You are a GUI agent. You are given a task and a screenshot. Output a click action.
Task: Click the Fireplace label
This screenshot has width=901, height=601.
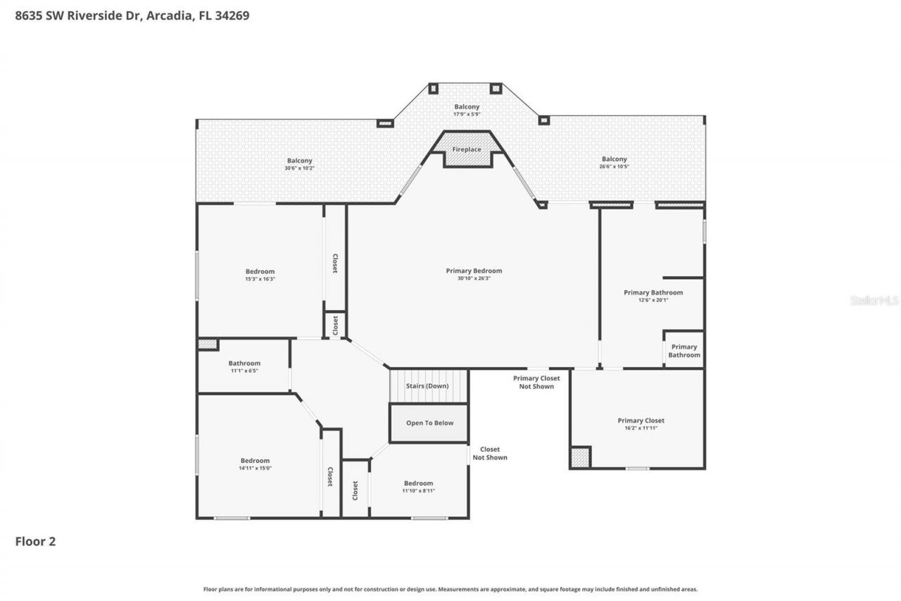467,149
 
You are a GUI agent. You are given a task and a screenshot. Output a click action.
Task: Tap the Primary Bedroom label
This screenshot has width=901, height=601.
474,271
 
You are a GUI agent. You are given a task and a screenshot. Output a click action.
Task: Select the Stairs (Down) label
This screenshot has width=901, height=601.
427,385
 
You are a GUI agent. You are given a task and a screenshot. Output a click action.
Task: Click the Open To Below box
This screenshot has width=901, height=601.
429,423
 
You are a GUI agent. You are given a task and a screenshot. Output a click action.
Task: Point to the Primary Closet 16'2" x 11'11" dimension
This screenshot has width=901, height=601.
641,428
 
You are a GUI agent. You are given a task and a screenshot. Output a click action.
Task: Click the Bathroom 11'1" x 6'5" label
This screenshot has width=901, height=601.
244,371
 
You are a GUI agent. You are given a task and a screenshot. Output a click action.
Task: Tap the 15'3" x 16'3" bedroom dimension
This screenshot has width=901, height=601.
260,279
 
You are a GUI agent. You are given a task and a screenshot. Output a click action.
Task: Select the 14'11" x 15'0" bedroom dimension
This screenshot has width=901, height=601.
255,468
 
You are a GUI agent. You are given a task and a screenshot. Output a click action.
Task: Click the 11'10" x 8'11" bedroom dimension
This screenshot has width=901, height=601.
418,490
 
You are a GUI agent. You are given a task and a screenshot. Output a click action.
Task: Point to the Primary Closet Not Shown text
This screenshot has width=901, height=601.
536,382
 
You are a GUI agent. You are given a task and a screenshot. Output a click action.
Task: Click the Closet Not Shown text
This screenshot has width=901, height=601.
489,453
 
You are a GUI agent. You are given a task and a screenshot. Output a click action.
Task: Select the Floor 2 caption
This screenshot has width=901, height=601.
35,541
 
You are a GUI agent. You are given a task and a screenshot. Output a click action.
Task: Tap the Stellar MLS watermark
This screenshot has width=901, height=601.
874,300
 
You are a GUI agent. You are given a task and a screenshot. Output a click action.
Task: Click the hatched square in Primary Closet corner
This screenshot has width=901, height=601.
579,457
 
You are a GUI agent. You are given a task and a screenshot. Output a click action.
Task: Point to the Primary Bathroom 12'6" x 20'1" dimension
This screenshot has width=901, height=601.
653,299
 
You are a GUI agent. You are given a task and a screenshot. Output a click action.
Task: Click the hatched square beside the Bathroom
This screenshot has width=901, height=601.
207,345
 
